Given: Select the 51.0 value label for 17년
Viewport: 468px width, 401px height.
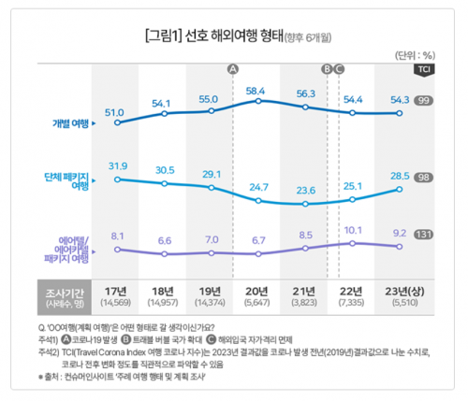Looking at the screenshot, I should point(114,111).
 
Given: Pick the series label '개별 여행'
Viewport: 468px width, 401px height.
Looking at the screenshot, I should point(71,122).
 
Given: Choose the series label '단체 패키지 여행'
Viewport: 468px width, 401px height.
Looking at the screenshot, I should point(67,180).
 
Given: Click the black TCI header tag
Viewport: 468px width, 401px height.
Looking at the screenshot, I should point(423,69).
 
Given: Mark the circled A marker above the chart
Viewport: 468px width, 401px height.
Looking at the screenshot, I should point(233,68).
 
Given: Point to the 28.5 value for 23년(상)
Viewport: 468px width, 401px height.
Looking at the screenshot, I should point(400,176).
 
